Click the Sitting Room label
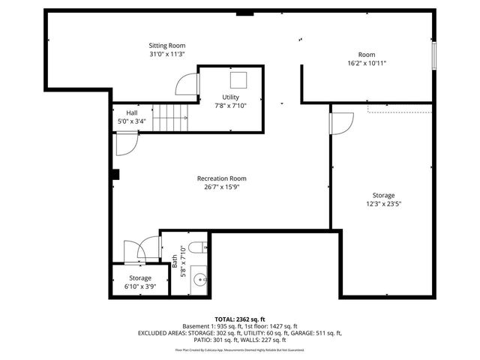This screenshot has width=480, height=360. (166, 46)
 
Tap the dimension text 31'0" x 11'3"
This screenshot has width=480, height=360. (166, 55)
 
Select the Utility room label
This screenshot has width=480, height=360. (230, 97)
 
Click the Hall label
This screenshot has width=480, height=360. (131, 112)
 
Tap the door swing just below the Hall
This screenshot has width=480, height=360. (127, 142)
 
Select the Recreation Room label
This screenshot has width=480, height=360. (221, 178)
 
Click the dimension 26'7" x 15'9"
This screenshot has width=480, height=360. (221, 187)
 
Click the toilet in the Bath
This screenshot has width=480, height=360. (196, 248)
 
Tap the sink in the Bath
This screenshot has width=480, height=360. (199, 280)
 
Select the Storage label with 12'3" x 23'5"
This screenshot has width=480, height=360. (384, 195)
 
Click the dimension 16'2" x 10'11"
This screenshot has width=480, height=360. (366, 64)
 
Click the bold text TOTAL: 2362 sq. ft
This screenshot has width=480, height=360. (240, 319)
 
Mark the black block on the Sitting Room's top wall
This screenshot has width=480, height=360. (244, 13)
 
